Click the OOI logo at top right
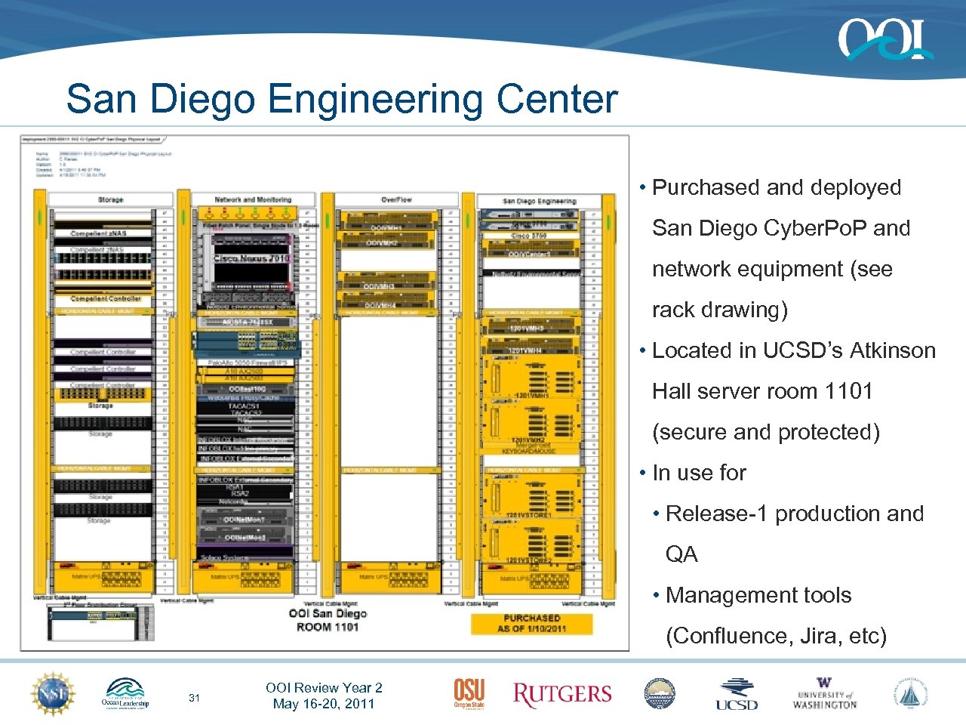pos(884,39)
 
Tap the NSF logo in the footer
pos(52,693)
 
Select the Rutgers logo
pos(562,694)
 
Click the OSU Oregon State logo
pos(469,693)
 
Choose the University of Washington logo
pos(824,694)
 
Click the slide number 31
pos(194,698)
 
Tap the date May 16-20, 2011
pos(324,704)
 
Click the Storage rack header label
pos(110,199)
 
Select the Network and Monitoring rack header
pos(253,199)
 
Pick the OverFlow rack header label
pos(396,199)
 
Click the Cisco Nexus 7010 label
pos(251,258)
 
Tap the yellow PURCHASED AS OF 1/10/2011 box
pos(531,623)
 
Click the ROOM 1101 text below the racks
pos(328,627)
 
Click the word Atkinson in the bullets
pos(892,350)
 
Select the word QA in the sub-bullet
pos(681,554)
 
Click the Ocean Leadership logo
pos(125,693)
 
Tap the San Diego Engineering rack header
pos(539,201)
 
